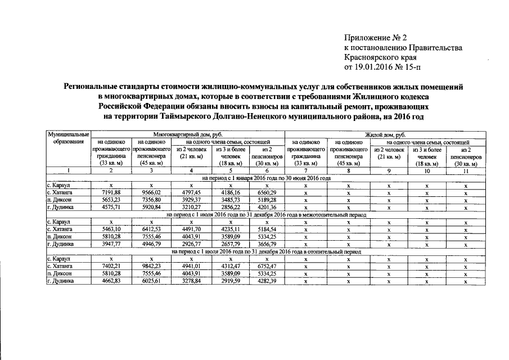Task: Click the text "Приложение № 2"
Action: [x=375, y=38]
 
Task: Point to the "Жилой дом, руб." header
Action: [x=385, y=136]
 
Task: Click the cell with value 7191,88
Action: [x=111, y=192]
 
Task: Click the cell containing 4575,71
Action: [x=111, y=207]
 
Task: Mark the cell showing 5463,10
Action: [x=111, y=229]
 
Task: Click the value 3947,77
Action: [x=111, y=244]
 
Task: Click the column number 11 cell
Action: [x=465, y=170]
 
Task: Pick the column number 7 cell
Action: [x=305, y=170]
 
